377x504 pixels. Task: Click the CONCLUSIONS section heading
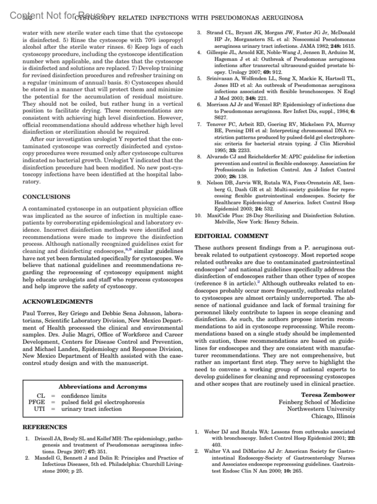point(46,197)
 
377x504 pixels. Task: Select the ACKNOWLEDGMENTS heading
point(57,302)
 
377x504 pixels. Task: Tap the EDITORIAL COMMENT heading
point(232,236)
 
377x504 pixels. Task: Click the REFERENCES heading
point(45,427)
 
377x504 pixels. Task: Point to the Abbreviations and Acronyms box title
point(103,387)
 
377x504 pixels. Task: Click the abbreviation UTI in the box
point(40,409)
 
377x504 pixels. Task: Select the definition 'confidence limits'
point(84,396)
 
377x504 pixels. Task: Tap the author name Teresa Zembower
point(328,395)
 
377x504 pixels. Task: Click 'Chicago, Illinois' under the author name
point(333,416)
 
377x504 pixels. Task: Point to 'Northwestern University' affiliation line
point(321,409)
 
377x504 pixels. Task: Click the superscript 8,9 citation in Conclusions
point(128,249)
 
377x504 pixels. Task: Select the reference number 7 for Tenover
point(199,124)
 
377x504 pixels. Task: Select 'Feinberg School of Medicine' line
point(317,402)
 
